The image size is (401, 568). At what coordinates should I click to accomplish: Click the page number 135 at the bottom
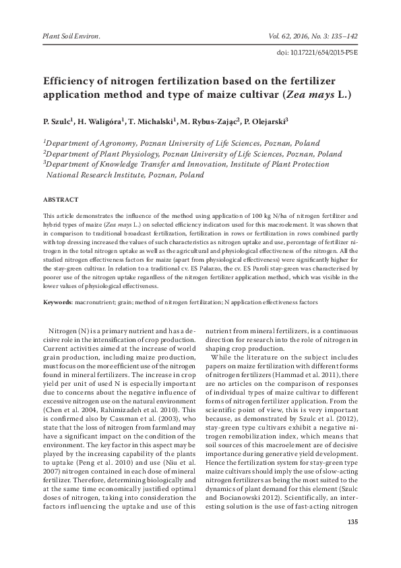tap(351, 523)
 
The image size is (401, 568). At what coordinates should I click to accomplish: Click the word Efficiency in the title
tap(73, 79)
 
